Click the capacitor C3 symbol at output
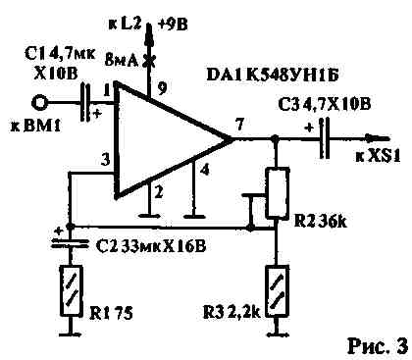pos(323,140)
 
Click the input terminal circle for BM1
pos(40,102)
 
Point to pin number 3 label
pos(103,159)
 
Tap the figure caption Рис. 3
pos(376,344)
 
